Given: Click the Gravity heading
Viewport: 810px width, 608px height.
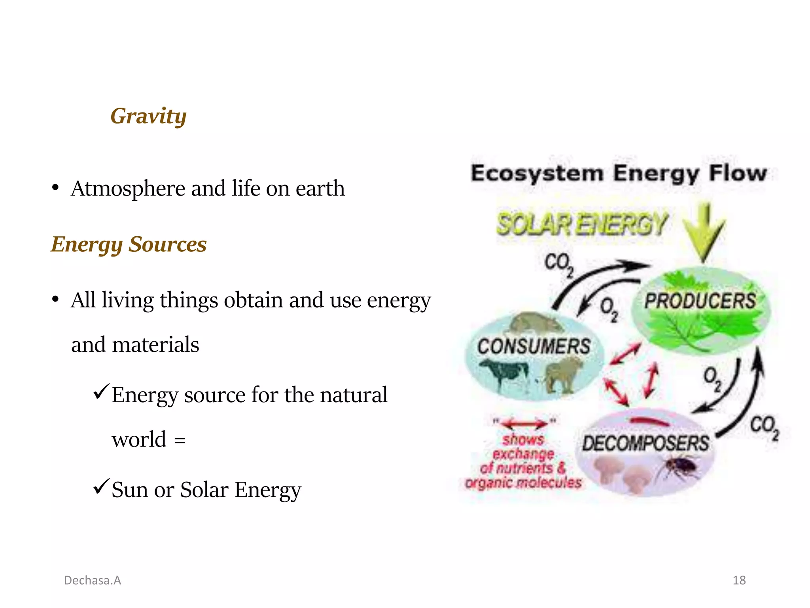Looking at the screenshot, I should pos(148,116).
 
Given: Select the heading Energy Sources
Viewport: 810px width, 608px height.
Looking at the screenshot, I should pos(129,244).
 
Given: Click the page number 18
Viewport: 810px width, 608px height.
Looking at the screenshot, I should pos(739,580).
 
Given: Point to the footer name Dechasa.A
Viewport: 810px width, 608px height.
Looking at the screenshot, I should pos(93,580).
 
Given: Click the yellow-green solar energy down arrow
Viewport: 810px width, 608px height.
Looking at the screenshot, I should pos(704,232).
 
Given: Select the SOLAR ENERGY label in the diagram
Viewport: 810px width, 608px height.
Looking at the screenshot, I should pos(582,224).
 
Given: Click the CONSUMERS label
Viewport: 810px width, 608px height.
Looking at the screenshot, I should pos(534,346).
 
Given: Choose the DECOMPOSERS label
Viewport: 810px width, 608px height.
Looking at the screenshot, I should pos(645,443).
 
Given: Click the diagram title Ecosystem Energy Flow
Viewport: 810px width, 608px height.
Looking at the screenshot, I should pos(619,173).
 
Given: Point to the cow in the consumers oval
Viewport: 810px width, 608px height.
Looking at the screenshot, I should pos(500,374).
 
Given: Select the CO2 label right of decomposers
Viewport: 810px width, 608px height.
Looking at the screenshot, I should pos(764,427).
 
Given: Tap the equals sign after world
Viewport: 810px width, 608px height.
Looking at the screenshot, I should pos(180,441).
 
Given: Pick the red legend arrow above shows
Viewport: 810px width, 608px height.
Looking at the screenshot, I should pos(524,424).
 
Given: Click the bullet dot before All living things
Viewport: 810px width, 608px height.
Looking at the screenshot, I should pos(55,299).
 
